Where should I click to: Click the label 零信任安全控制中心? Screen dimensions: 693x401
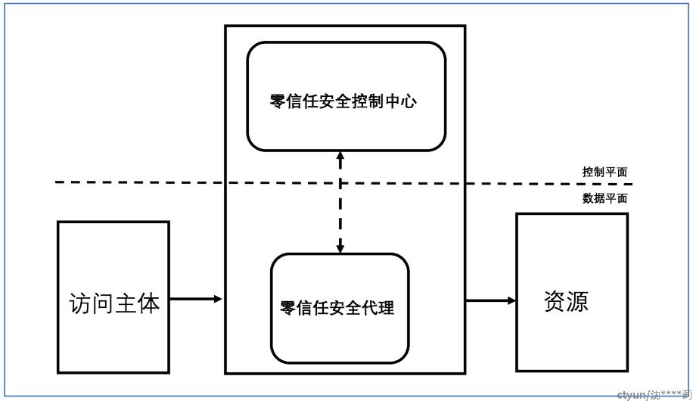(x=343, y=101)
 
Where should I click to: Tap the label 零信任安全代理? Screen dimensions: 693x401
(x=337, y=308)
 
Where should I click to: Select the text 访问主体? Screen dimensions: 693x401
(x=114, y=303)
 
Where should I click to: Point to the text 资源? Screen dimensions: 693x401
(x=566, y=301)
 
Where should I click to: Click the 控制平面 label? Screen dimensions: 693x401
(x=604, y=172)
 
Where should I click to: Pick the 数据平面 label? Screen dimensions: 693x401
(x=604, y=198)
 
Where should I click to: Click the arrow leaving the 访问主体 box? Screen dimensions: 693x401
(x=196, y=299)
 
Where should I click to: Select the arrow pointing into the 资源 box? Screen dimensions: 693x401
(x=490, y=300)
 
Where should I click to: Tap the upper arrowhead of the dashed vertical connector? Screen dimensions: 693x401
(x=340, y=156)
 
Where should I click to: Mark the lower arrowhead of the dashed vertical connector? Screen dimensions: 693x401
(x=340, y=248)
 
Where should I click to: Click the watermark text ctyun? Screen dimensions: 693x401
(x=631, y=395)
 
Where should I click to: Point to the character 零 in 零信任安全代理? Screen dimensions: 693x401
(x=287, y=308)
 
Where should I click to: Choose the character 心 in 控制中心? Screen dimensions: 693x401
(x=409, y=101)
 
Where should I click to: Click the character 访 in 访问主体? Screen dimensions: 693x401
(x=80, y=303)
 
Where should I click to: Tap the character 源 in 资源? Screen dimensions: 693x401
(x=578, y=301)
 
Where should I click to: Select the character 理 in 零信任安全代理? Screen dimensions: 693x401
(x=387, y=308)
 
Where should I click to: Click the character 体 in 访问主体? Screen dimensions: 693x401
(x=149, y=303)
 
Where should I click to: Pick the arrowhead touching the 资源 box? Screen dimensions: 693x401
(x=511, y=300)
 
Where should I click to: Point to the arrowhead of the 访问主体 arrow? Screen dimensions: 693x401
(x=218, y=299)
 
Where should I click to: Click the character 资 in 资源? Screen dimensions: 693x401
(x=555, y=301)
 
